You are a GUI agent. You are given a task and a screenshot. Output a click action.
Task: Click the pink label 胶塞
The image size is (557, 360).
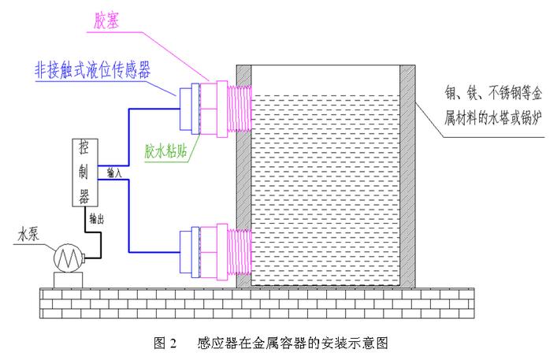coord(106,20)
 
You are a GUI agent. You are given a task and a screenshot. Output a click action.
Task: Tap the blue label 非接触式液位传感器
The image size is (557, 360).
coord(92,69)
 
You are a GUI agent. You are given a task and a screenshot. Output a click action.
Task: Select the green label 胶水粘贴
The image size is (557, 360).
coord(165,151)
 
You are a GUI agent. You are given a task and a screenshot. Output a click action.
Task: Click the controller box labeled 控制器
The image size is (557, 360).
coord(85,173)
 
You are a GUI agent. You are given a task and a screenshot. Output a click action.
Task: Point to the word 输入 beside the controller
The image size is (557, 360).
coord(114,173)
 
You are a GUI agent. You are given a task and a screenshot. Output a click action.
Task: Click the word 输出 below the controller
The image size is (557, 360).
coord(96,218)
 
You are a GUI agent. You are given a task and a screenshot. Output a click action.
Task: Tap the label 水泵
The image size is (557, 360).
coord(28,234)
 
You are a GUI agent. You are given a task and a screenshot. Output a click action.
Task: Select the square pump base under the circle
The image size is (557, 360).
coord(69,280)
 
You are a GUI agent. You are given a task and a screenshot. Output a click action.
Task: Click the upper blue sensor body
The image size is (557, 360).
coord(189,109)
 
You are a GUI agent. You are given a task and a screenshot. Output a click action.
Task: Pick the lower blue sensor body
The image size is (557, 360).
coord(189,252)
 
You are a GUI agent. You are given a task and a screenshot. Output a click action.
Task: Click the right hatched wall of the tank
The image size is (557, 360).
coord(407,176)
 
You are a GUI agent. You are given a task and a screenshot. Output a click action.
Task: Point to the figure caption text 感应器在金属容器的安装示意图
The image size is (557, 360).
coord(293,343)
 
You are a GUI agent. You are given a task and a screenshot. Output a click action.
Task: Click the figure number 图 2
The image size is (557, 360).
coord(165,343)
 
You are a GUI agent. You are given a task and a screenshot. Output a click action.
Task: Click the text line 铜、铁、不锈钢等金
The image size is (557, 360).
coord(493,94)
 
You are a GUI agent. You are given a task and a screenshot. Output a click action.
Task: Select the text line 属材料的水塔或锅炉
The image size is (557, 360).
coord(493,118)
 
